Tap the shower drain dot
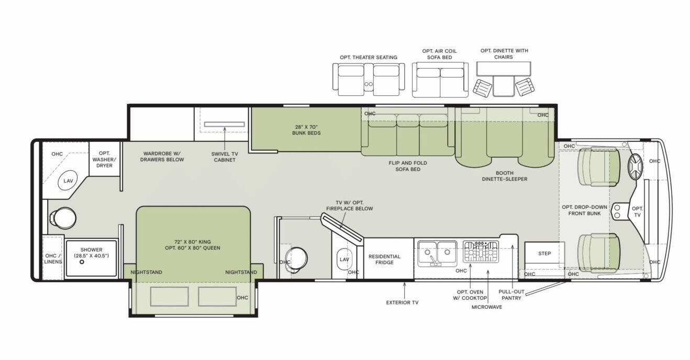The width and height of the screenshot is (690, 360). pos(82,261)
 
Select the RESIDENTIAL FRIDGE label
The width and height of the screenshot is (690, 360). pos(384,260)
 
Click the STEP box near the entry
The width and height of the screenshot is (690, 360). pos(544,254)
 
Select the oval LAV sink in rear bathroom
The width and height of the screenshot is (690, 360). pos(68,181)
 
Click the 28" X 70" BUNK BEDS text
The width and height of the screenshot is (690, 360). pos(306,129)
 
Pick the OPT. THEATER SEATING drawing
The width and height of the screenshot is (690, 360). pos(369,80)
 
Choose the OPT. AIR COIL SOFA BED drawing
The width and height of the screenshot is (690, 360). pos(439,80)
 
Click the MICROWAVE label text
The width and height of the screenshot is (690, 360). pos(487,307)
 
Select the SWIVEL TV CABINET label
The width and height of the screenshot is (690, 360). pos(224,156)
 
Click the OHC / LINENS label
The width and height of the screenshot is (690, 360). pos(53,258)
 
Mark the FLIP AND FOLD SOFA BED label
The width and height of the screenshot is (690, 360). pos(405,166)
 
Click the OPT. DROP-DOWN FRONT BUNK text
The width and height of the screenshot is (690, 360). pos(584,210)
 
